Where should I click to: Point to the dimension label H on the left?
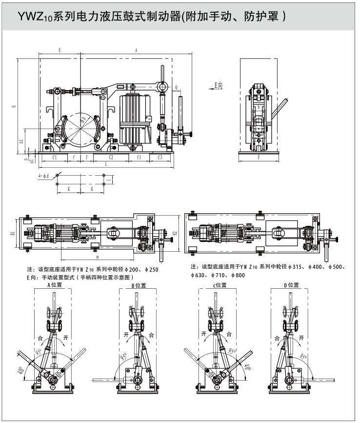[14, 107]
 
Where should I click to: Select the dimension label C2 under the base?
[111, 158]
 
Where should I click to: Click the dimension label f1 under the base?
[139, 158]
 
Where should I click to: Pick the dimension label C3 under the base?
[160, 158]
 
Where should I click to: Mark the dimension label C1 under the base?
[55, 158]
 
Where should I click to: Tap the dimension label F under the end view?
[259, 158]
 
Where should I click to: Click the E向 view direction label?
[220, 85]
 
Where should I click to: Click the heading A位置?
[54, 285]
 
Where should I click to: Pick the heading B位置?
[139, 285]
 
